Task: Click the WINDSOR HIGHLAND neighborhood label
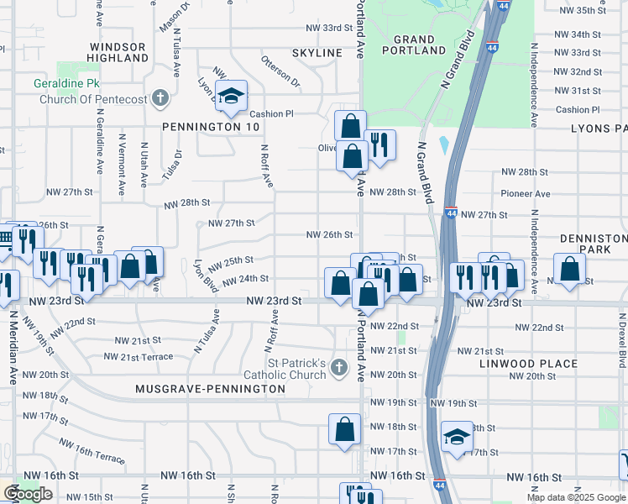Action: click(x=118, y=52)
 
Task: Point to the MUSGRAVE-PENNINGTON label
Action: click(x=211, y=390)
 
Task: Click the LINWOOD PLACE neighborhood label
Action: click(x=528, y=364)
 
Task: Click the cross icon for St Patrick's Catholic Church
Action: click(x=338, y=367)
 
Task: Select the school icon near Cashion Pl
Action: click(x=230, y=97)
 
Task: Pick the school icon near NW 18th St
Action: click(x=458, y=437)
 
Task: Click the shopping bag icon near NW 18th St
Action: click(x=345, y=429)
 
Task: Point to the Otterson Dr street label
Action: click(x=280, y=72)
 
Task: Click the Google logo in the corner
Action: click(x=29, y=495)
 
